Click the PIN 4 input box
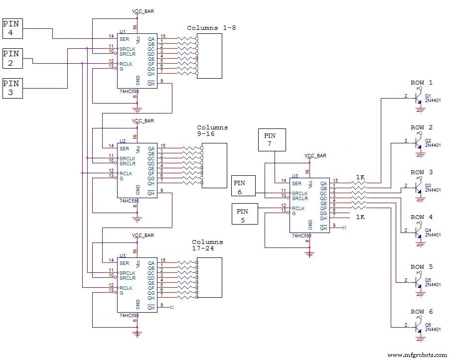pyautogui.click(x=12, y=28)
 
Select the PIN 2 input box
pyautogui.click(x=12, y=58)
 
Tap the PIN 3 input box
pyautogui.click(x=12, y=88)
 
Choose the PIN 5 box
pyautogui.click(x=244, y=214)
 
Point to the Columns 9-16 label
pyautogui.click(x=212, y=130)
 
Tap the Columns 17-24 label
pyautogui.click(x=207, y=245)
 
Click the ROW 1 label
pyautogui.click(x=422, y=83)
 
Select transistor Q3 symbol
pyautogui.click(x=418, y=188)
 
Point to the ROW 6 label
pyautogui.click(x=422, y=312)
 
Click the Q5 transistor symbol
pyautogui.click(x=418, y=282)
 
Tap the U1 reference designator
pyautogui.click(x=123, y=31)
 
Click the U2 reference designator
pyautogui.click(x=123, y=141)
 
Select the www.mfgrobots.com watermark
pyautogui.click(x=417, y=355)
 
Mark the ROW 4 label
pyautogui.click(x=422, y=217)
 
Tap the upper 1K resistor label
pyautogui.click(x=360, y=177)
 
